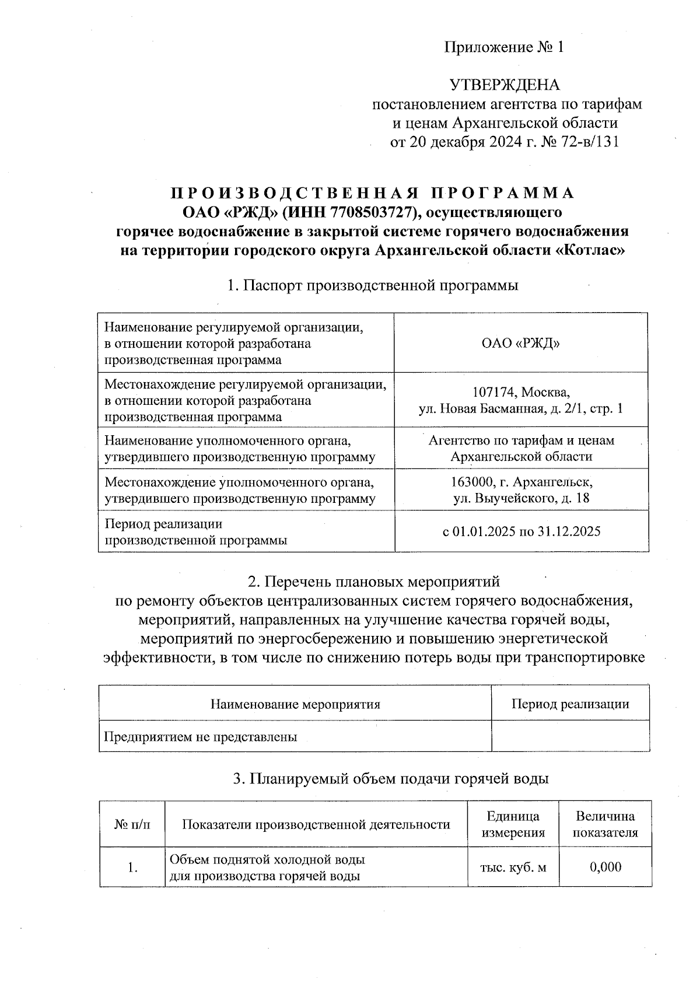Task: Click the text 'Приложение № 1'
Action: tap(504, 47)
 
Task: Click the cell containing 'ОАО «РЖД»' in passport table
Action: tap(521, 343)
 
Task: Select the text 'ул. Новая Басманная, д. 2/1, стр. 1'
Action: tap(521, 408)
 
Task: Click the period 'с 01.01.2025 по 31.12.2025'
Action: tap(521, 531)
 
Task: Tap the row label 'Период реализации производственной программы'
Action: tap(196, 532)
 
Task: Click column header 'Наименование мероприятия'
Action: tap(295, 704)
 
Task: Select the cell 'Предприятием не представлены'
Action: tap(201, 737)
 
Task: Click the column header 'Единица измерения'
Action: tap(513, 824)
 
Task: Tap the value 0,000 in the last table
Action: tap(605, 867)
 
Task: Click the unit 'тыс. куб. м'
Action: tap(513, 867)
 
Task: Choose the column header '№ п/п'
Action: tap(132, 824)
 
